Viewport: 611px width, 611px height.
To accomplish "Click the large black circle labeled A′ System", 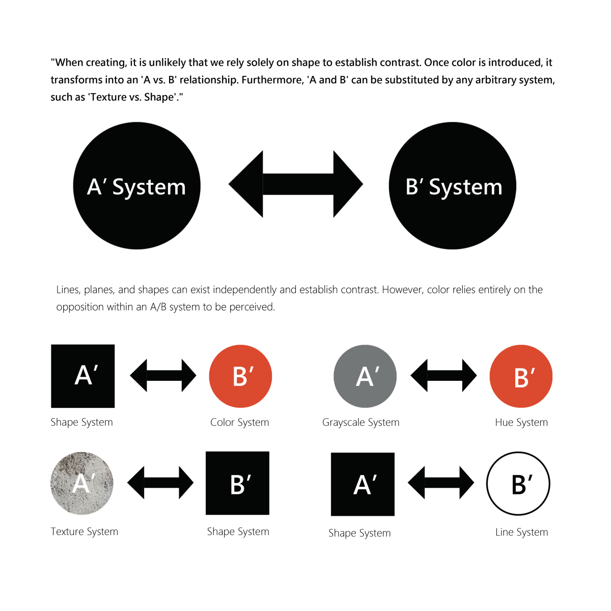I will click(136, 186).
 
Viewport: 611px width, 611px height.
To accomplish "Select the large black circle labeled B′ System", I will click(453, 186).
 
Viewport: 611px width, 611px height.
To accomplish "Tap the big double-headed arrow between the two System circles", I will click(296, 184).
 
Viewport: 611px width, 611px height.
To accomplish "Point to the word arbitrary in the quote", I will click(495, 80).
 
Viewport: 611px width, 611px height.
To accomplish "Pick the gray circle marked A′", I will click(365, 376).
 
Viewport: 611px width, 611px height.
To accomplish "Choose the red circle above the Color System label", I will click(240, 376).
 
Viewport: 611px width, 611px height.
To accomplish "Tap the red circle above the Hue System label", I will click(521, 376).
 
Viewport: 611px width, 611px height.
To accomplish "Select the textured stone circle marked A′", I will click(82, 483).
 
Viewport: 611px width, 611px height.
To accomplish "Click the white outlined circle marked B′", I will click(518, 484).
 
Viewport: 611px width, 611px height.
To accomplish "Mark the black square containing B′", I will click(237, 483).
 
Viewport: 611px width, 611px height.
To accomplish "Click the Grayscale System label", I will click(360, 423).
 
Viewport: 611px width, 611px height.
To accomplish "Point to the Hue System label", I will click(521, 423).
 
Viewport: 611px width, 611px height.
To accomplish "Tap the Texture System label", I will click(85, 532).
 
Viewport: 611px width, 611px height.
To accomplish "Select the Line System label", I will click(521, 532).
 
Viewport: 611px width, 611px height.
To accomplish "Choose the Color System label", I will click(239, 423).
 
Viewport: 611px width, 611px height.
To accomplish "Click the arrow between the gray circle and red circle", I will click(443, 376).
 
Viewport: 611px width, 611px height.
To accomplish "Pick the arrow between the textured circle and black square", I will click(160, 483).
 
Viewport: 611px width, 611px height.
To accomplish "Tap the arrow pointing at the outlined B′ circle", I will click(441, 483).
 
